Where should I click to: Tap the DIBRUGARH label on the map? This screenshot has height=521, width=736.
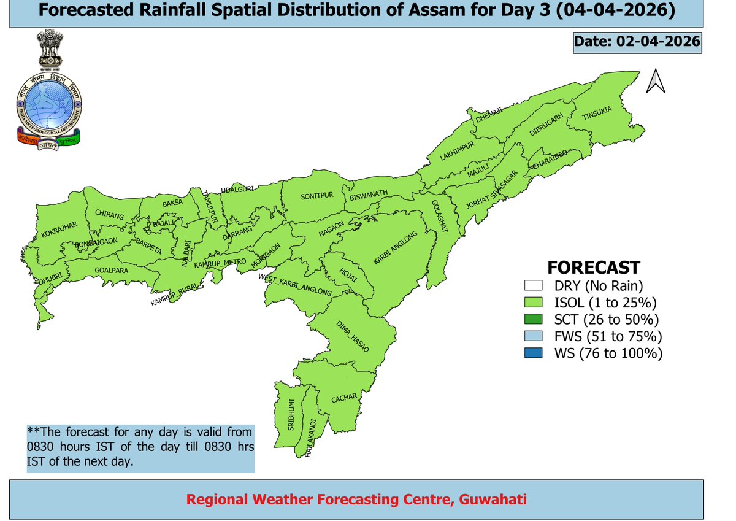coord(546,129)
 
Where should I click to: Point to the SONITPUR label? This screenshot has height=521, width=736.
coord(316,196)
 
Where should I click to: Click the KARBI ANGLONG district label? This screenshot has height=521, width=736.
coord(396,249)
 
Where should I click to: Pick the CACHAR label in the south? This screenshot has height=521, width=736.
coord(344,399)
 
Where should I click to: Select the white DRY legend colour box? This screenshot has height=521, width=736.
coord(533,285)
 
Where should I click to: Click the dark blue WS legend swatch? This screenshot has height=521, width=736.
coord(533,353)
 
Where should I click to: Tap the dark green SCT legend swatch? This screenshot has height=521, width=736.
coord(533,320)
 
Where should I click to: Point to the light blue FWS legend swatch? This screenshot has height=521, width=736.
coord(533,336)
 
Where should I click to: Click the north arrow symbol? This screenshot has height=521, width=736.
coord(656,81)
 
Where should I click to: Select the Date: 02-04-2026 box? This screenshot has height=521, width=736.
coord(636,42)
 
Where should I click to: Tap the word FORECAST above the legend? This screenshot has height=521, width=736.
coord(593,268)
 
